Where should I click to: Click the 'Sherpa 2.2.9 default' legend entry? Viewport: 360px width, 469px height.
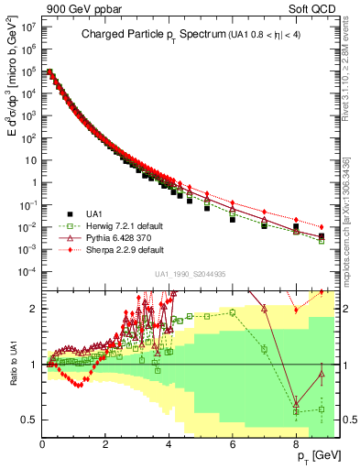(117, 248)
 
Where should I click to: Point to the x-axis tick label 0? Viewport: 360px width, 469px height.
(42, 442)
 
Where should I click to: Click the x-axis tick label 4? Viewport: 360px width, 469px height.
(169, 442)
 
